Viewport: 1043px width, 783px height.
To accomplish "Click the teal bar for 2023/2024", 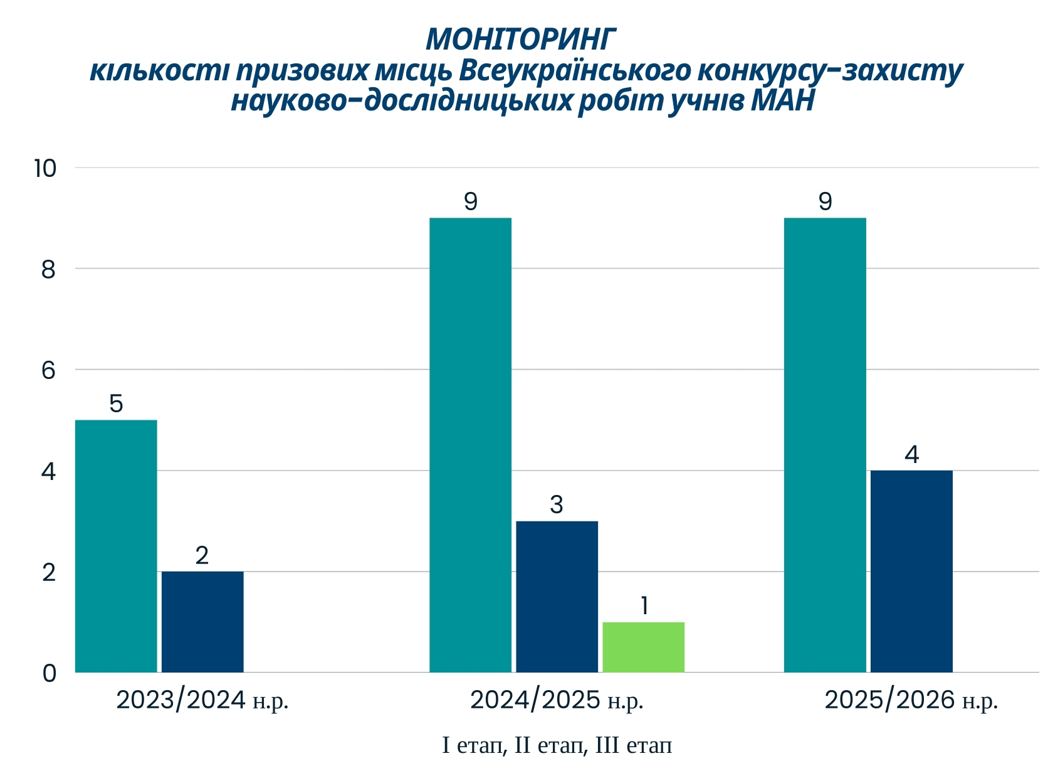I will [x=116, y=546].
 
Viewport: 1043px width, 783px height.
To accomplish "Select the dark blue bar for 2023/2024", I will [x=202, y=622].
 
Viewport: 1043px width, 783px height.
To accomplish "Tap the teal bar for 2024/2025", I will [x=470, y=445].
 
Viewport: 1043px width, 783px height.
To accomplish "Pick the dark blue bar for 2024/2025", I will [x=557, y=597].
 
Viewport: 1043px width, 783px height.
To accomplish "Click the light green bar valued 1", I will [x=643, y=647].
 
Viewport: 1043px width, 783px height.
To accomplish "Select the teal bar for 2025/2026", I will [x=825, y=445].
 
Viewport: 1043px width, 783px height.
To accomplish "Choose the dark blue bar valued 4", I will [x=911, y=571].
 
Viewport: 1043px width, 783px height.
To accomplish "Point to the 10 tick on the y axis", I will [x=45, y=168].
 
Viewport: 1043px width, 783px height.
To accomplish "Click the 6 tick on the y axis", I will [x=48, y=370].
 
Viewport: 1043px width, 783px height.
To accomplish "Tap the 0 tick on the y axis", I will [x=49, y=673].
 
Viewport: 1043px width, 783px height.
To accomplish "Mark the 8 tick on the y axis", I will [x=48, y=270].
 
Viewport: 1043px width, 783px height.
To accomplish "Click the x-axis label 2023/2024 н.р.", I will [x=202, y=700].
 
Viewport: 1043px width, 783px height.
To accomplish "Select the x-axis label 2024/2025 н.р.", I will [x=557, y=700].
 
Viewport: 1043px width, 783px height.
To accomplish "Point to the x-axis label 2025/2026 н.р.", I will [x=911, y=700].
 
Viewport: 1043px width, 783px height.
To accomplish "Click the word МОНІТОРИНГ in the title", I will [x=521, y=40].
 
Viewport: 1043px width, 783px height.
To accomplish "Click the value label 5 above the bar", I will [x=116, y=403].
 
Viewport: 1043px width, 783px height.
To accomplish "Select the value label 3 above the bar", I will [x=557, y=504].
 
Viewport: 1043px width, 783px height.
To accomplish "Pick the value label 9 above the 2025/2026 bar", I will [x=825, y=201].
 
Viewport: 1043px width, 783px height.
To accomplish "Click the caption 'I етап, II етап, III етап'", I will [x=557, y=745].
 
